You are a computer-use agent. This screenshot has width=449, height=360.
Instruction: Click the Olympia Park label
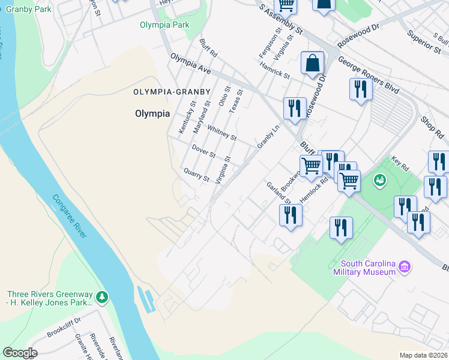(x=164, y=25)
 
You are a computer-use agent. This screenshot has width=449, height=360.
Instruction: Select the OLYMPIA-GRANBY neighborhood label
(x=172, y=92)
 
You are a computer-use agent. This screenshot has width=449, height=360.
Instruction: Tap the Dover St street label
(x=203, y=150)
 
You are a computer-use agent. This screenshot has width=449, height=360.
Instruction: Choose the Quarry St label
(x=196, y=175)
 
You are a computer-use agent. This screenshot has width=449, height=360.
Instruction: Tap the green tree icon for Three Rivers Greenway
(x=102, y=296)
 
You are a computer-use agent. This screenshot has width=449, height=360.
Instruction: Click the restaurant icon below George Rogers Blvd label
(x=361, y=89)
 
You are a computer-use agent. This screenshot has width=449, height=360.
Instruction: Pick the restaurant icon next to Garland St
(x=291, y=214)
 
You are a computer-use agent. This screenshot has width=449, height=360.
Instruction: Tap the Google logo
(x=19, y=353)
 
